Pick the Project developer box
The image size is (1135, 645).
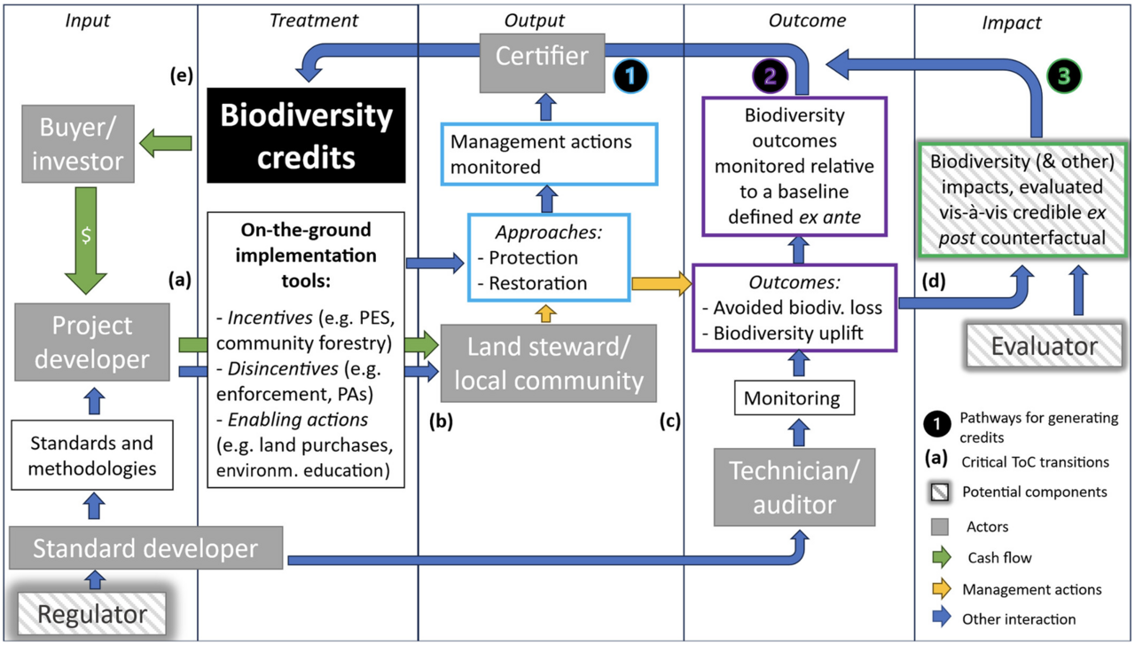(91, 343)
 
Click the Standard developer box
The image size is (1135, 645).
(145, 547)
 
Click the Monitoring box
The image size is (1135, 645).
(793, 398)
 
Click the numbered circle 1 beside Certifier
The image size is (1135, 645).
(630, 77)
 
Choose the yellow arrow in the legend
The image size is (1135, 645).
(942, 589)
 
